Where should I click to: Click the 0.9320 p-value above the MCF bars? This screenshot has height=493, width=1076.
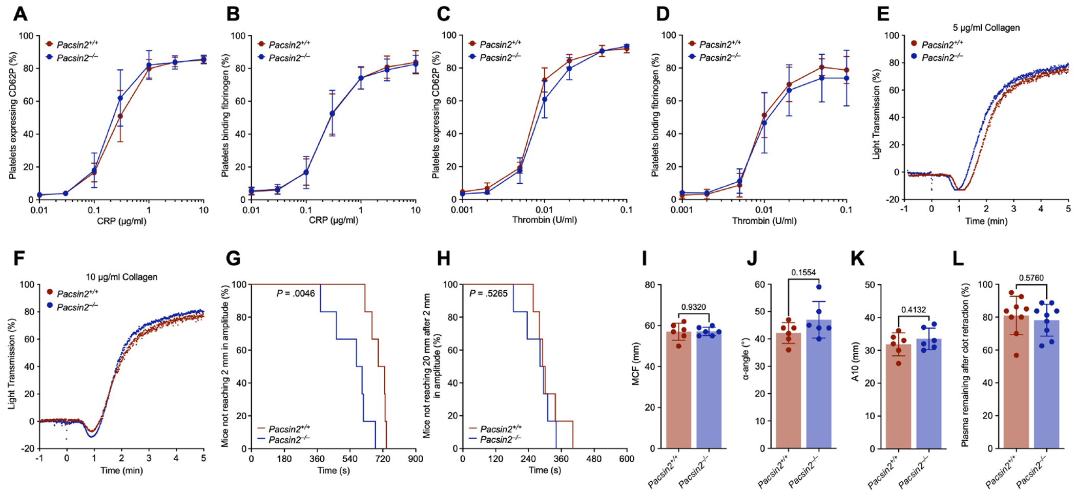(x=694, y=307)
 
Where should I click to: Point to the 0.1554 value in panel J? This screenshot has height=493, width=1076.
(x=804, y=273)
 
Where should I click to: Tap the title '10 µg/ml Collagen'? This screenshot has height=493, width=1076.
(x=121, y=277)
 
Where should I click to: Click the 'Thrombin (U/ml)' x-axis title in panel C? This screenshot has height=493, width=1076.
(x=545, y=221)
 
